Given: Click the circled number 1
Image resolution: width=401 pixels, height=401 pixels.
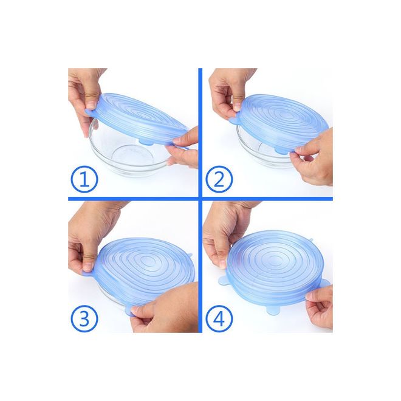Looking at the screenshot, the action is coord(84,179).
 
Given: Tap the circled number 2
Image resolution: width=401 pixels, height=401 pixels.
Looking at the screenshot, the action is coord(219,179).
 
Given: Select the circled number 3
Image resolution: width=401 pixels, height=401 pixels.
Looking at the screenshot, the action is coord(84,318).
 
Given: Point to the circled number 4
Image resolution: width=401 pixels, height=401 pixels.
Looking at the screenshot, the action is coord(219,318).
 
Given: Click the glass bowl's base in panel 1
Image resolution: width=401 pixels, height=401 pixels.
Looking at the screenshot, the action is coord(128,157).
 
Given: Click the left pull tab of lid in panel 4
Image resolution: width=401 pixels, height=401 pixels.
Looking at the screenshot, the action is coord(222,279).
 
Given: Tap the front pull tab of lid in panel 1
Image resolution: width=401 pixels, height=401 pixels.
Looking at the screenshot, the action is coord(146,142).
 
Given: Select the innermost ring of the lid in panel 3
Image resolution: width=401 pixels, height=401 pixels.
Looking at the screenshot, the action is coord(149,261).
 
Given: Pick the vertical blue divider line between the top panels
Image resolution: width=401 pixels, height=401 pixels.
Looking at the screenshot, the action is coord(200,132).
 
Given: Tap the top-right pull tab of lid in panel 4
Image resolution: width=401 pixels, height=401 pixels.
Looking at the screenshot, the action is coord(310,240).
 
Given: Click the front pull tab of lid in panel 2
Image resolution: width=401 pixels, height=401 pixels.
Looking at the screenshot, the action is coord(281,151).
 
